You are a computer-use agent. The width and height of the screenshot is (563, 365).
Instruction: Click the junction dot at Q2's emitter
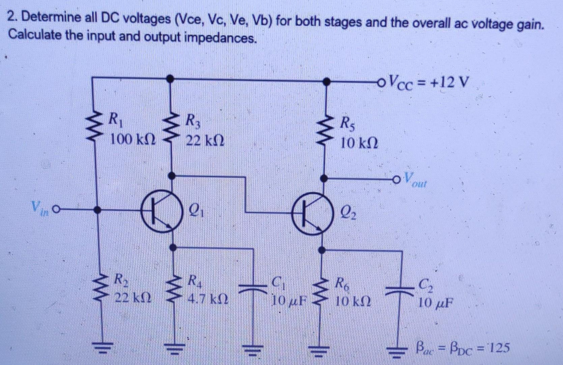pyautogui.click(x=322, y=250)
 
